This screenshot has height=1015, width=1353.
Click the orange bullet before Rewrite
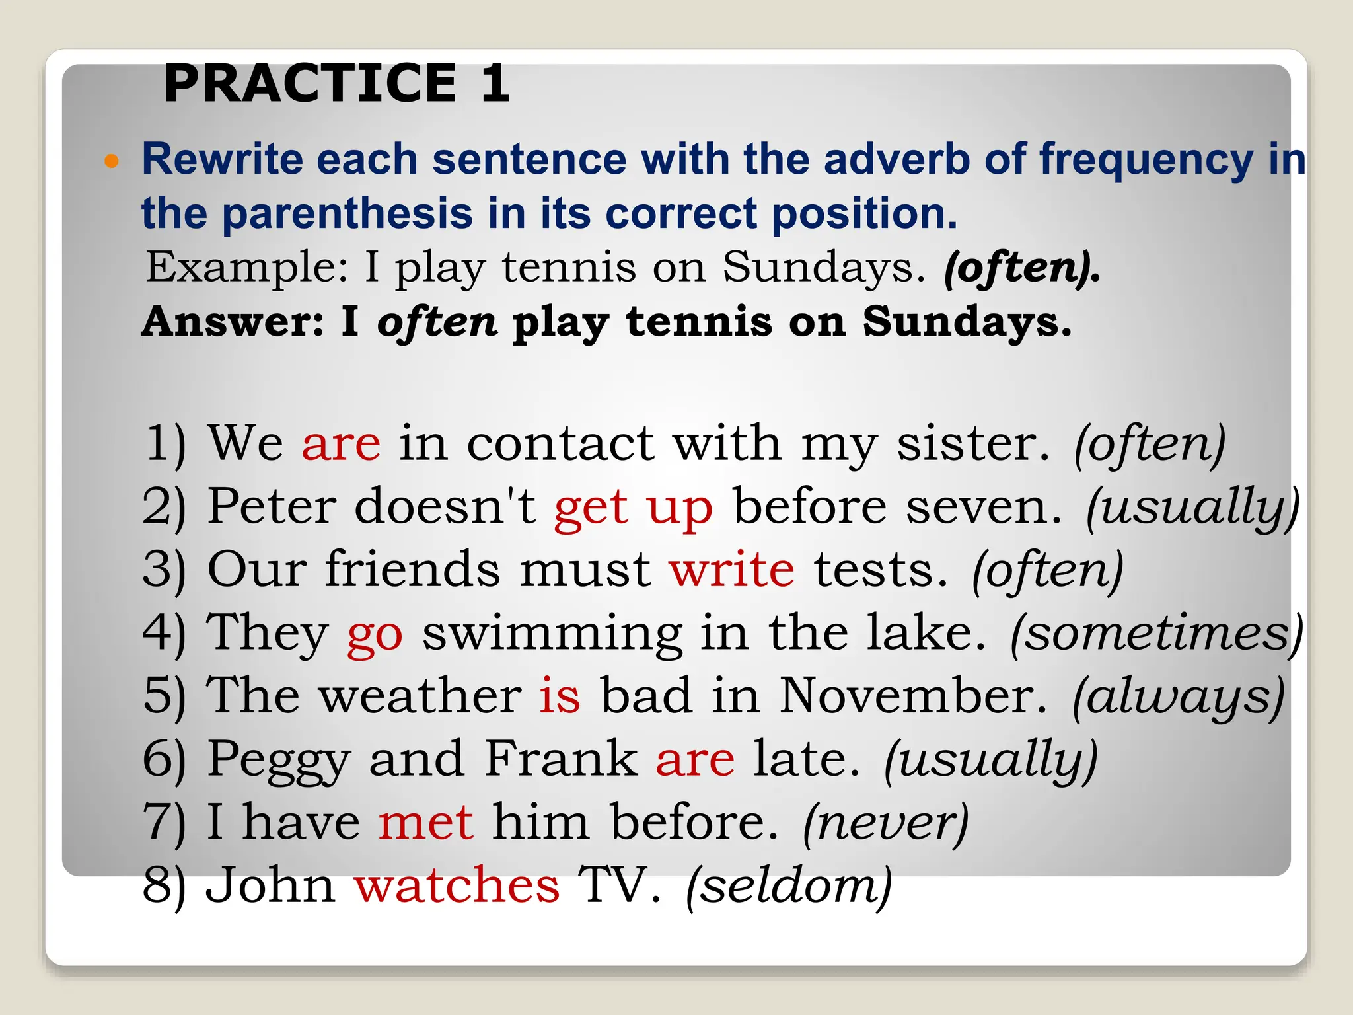(x=112, y=161)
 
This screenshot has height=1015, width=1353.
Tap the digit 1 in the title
(x=495, y=83)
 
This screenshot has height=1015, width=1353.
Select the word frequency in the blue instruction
(x=1146, y=161)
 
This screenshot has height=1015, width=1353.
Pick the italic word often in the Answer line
(x=437, y=322)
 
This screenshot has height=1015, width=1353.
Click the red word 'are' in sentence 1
(x=341, y=443)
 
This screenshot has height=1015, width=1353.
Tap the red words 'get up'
(x=634, y=507)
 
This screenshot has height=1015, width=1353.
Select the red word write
(x=732, y=570)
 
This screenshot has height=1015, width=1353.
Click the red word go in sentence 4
(x=375, y=634)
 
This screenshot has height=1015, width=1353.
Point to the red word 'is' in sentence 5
(x=560, y=696)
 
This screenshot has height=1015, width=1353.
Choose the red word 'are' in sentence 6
(x=695, y=759)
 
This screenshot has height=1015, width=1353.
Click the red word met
(x=426, y=823)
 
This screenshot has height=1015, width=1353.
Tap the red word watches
(x=457, y=885)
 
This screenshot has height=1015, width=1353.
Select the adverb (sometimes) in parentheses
(x=1157, y=634)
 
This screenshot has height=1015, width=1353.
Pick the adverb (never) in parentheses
(x=886, y=823)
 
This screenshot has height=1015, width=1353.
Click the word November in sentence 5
(x=913, y=696)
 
